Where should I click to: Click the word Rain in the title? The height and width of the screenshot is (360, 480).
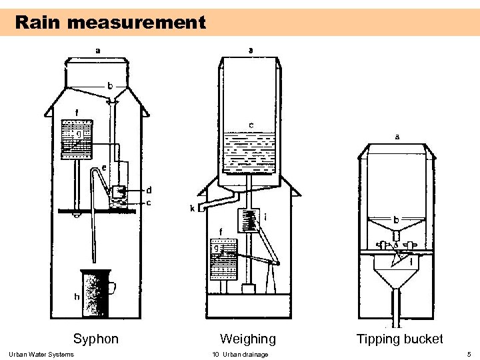[x=39, y=23]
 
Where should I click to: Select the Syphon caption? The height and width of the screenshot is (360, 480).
[x=96, y=339]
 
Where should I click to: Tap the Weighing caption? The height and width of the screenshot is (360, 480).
[x=248, y=339]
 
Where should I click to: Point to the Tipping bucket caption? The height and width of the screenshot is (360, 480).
[x=399, y=339]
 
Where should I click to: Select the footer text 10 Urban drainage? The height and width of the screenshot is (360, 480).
[x=240, y=354]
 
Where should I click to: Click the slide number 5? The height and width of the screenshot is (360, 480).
[x=469, y=354]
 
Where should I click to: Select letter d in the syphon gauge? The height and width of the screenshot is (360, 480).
[x=148, y=190]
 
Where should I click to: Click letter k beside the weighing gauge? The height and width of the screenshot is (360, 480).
[x=193, y=209]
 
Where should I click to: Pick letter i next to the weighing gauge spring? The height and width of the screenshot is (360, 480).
[x=266, y=216]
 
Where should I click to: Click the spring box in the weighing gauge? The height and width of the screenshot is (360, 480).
[x=249, y=221]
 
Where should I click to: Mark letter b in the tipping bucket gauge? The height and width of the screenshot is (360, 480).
[x=396, y=219]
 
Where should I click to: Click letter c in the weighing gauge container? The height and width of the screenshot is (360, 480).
[x=251, y=125]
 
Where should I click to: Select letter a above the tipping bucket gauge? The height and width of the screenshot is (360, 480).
[x=398, y=137]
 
